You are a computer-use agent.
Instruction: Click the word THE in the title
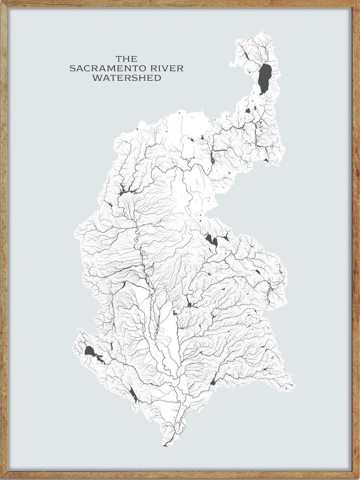coord(126,59)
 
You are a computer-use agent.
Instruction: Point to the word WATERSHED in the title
coord(126,78)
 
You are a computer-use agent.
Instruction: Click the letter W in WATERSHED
coord(96,78)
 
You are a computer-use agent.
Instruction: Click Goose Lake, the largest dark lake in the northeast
coord(264,78)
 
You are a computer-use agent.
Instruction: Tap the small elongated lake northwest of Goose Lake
coord(245,56)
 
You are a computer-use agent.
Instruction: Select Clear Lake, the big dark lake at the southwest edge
coord(89,351)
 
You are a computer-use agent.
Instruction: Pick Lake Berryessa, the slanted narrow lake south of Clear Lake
coord(133,394)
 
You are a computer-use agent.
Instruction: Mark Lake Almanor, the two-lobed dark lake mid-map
coord(211,239)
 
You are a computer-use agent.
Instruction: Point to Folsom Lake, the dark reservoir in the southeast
coord(213,383)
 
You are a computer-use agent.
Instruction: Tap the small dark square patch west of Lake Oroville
coord(175,312)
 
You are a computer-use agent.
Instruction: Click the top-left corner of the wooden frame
coord(2,2)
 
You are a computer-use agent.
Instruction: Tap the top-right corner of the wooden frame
coord(358,2)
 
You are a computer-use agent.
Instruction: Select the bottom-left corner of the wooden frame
coord(2,478)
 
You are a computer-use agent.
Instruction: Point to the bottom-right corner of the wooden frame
coord(358,478)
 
